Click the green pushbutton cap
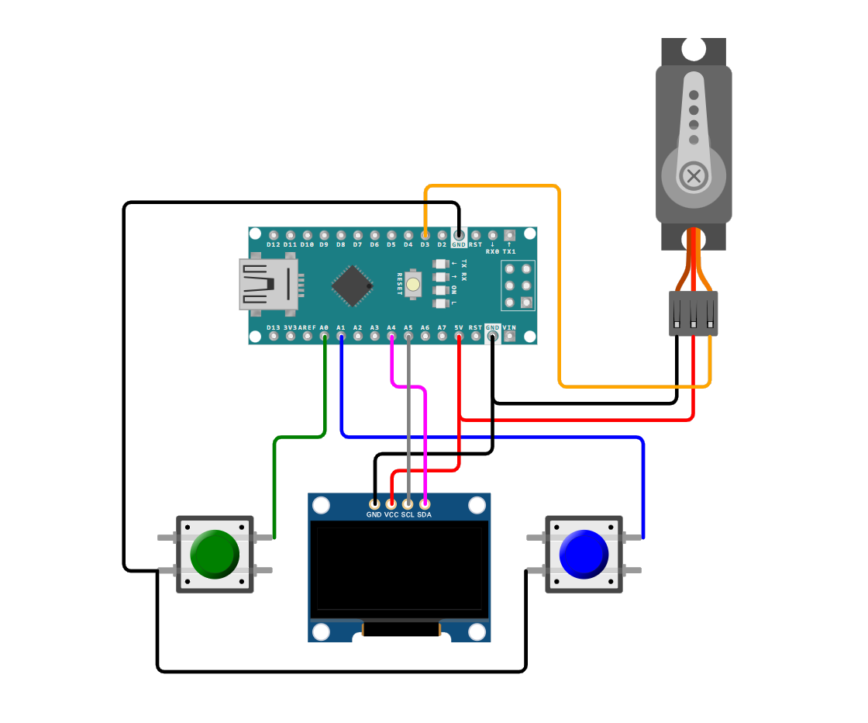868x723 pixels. pos(215,554)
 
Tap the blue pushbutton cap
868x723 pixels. pos(584,554)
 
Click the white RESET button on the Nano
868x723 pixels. pos(413,285)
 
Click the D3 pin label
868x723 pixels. pos(425,245)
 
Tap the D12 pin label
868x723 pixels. pos(273,245)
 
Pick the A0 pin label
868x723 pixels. pos(324,328)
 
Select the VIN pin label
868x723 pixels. pos(509,328)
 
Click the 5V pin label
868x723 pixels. pos(459,328)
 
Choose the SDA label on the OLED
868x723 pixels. pos(425,515)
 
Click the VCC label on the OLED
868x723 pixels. pos(391,515)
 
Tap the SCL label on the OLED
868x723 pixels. pos(408,515)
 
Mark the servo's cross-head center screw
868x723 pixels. pos(694,176)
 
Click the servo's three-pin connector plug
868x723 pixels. pos(694,313)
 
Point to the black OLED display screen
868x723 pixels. pos(399,569)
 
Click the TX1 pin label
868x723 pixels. pos(509,251)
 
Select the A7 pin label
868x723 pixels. pos(442,328)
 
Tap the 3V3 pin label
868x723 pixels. pos(290,328)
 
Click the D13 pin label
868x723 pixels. pos(273,328)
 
